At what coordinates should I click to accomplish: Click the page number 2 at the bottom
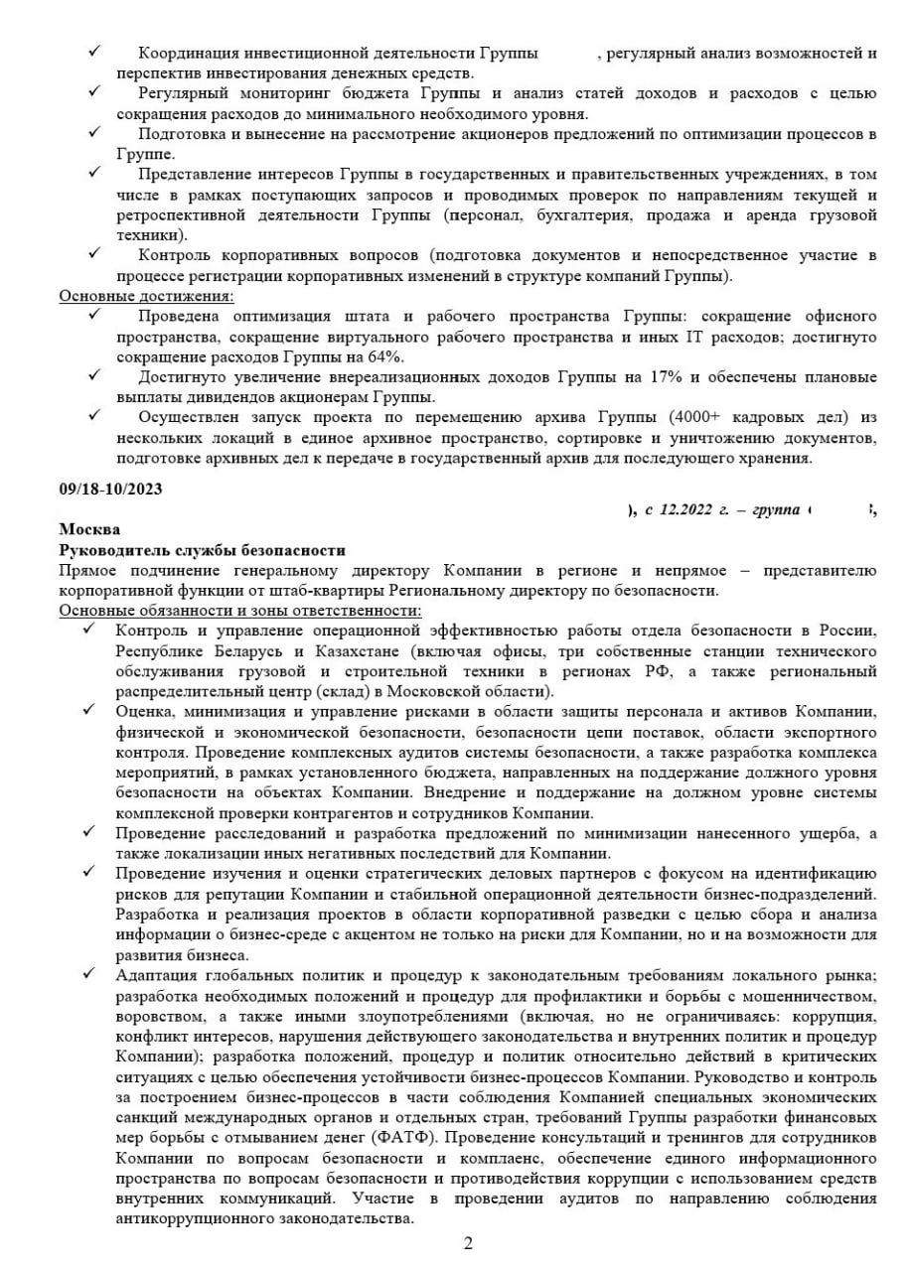(468, 1243)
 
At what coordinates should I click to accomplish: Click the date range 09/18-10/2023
(111, 490)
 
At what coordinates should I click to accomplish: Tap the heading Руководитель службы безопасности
(203, 550)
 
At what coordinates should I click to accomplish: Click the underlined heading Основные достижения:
(147, 296)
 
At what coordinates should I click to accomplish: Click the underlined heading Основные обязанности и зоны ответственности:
(240, 610)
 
